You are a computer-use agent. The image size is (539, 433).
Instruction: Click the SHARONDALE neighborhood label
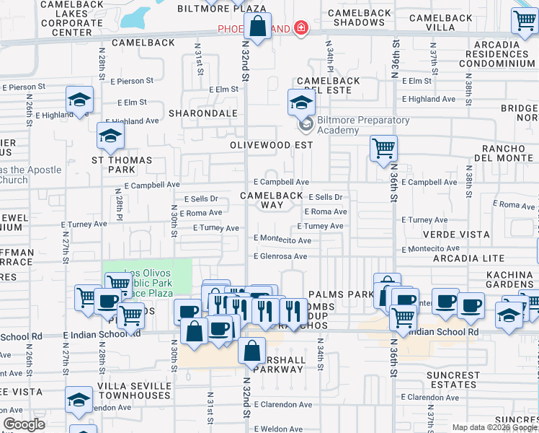coord(202,113)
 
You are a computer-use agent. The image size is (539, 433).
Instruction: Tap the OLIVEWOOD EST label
coord(271,144)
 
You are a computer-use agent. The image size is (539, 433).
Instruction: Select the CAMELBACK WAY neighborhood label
coord(272,200)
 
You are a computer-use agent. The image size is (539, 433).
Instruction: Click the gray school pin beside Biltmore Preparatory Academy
coord(306,124)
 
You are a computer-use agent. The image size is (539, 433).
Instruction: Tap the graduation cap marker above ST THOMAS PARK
coord(110,135)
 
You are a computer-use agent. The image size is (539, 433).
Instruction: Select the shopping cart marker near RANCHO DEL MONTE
coord(383,148)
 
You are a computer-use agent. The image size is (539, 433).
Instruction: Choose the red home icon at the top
coord(300,29)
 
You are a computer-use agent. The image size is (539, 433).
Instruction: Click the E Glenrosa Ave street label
coord(280,256)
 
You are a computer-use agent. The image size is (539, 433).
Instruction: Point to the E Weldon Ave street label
coord(278,429)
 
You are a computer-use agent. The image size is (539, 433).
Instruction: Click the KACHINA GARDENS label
coord(509,279)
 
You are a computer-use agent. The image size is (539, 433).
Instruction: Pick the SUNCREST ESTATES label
coord(452,380)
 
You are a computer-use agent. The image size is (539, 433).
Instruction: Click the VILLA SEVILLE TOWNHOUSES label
coord(135,391)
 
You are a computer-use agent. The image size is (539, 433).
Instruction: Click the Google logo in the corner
coord(24,424)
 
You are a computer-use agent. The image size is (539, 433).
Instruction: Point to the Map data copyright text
coord(494,427)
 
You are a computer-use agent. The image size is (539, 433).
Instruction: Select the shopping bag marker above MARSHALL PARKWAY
coord(251,351)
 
